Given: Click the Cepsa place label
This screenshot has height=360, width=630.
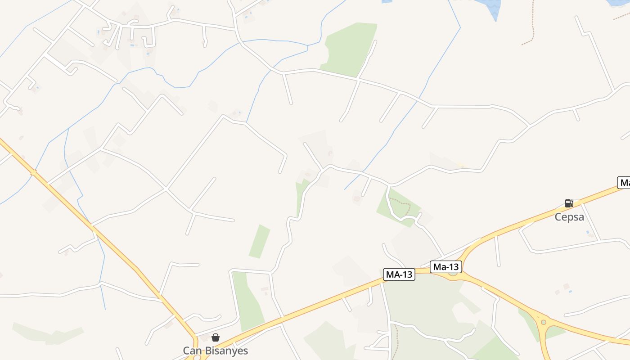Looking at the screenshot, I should click(x=569, y=217).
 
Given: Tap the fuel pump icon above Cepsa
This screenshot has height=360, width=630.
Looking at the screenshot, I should click(x=569, y=203).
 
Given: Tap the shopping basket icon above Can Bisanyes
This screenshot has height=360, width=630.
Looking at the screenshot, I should click(x=216, y=337).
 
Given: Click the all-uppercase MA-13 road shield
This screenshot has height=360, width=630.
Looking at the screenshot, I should click(x=399, y=274).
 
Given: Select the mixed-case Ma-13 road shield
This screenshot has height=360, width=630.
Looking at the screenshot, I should click(x=446, y=267).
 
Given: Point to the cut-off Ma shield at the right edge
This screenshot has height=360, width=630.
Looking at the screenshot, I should click(x=624, y=182).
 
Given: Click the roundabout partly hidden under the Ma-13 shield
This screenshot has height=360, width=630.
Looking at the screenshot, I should click(x=453, y=272).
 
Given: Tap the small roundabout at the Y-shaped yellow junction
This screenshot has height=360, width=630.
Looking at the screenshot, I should click(x=544, y=322).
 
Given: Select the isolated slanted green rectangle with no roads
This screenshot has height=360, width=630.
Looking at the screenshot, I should click(x=260, y=241).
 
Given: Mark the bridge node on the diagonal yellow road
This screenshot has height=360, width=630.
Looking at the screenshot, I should click(x=33, y=172).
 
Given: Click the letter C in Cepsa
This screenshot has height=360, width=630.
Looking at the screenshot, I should click(x=558, y=217).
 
